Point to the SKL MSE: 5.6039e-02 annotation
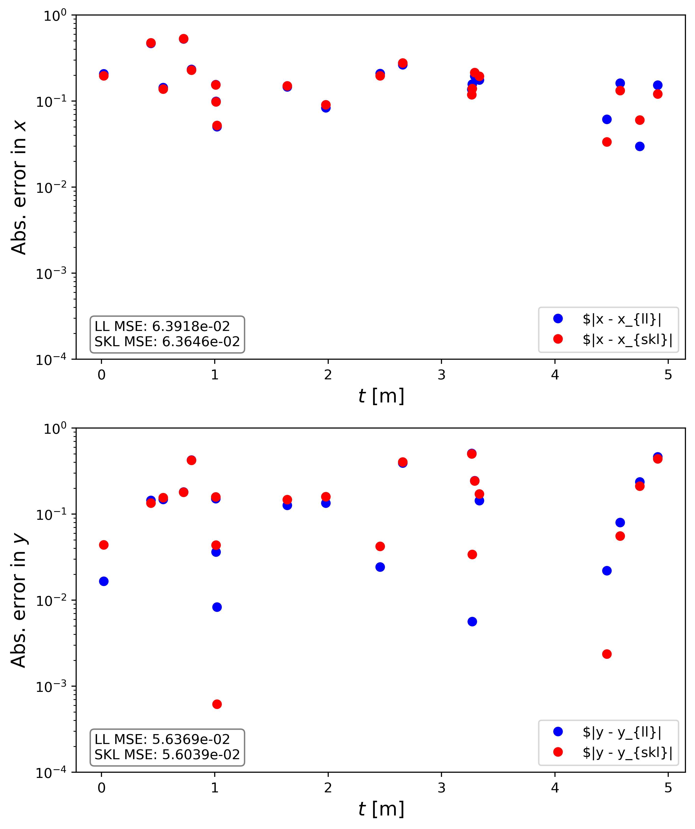click(x=167, y=755)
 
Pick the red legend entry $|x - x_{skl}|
click(x=627, y=340)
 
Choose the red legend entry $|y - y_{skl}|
click(x=627, y=752)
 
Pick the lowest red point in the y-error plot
click(x=217, y=704)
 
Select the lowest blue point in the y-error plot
click(x=472, y=622)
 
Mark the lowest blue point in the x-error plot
click(x=640, y=147)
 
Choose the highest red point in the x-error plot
click(x=184, y=39)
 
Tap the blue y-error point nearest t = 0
click(x=104, y=581)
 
